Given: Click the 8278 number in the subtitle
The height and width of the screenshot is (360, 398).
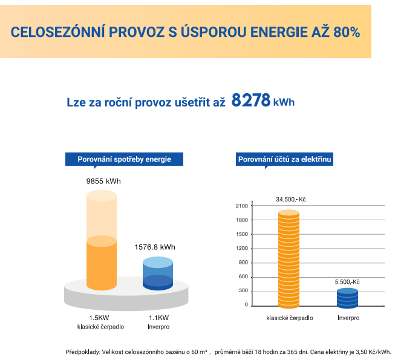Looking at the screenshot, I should point(250,100).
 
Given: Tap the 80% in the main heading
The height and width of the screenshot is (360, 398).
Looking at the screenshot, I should point(347,32).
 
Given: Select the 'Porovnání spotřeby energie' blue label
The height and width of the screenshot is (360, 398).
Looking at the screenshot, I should point(124,159).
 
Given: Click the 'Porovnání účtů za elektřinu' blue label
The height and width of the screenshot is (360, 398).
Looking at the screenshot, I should point(285,159).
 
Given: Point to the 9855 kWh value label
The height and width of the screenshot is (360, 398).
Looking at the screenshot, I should point(103,181).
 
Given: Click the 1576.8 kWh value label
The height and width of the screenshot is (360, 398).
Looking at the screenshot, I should point(154,247).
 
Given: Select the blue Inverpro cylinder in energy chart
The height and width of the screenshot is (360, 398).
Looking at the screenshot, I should point(157,274).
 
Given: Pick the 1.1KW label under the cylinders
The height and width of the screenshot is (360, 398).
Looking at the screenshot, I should point(158,318).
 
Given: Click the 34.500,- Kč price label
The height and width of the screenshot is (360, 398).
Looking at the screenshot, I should point(291,199).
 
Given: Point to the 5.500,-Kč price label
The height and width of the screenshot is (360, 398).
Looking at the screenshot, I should point(347,282).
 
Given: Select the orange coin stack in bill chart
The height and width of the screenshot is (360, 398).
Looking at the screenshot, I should point(289,259).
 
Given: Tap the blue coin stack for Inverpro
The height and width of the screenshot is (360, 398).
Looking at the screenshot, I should point(347,298).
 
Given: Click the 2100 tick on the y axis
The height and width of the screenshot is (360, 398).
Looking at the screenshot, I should point(242,206).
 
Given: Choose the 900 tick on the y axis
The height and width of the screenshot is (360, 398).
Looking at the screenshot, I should point(243,263).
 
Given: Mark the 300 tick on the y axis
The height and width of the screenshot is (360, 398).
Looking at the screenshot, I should point(243,291).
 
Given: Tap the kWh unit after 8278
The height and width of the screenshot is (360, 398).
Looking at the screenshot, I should point(284,102).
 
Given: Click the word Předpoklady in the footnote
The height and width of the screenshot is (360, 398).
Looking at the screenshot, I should point(82,352).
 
